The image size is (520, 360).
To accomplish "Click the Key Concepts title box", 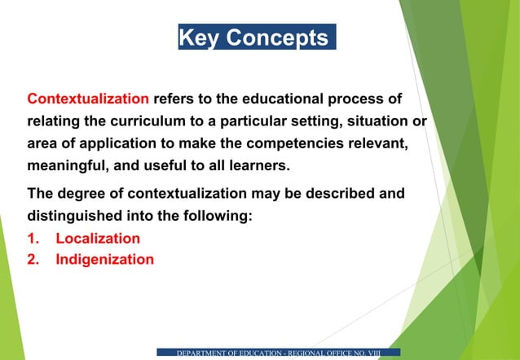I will coord(257,37).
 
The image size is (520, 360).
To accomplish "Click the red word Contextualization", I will coord(88,99).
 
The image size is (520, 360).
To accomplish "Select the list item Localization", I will coord(97,239).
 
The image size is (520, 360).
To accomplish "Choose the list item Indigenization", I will coord(104,260).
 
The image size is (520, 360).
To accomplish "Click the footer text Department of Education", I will coord(278,353).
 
